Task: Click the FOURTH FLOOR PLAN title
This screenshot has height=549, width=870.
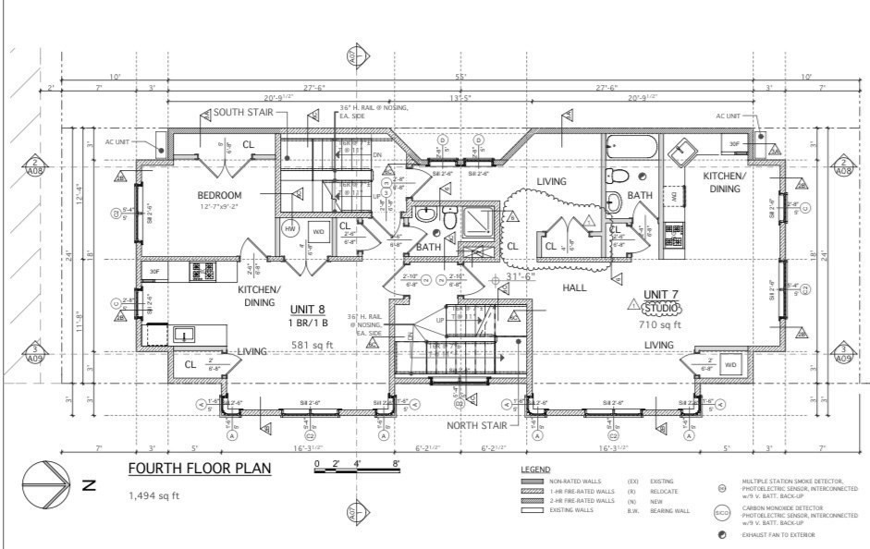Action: [200, 469]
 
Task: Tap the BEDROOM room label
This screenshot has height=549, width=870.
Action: [219, 196]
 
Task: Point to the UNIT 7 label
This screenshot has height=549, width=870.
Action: [661, 295]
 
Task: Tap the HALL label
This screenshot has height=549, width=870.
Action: [574, 288]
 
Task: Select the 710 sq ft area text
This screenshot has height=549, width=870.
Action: [660, 325]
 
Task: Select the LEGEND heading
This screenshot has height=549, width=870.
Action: [536, 470]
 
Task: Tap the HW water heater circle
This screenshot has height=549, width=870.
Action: [288, 229]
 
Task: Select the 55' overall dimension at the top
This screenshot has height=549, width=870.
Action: [460, 76]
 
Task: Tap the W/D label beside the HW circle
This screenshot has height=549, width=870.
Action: [319, 231]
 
